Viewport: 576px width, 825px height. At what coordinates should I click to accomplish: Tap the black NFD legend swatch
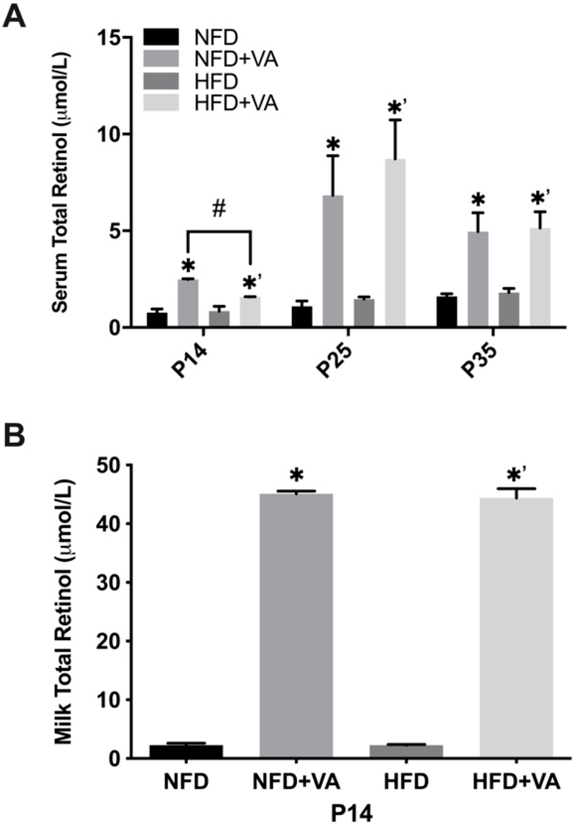[x=161, y=37]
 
